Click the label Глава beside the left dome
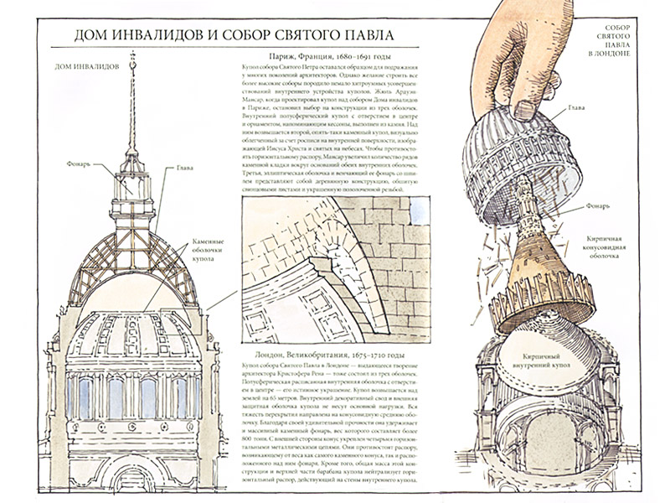point(185,168)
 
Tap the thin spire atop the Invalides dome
point(132,101)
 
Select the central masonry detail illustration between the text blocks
point(336,268)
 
